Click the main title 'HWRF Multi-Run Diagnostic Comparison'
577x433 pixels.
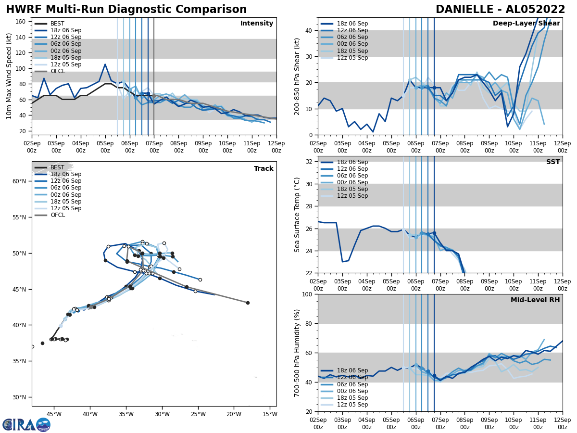coord(126,10)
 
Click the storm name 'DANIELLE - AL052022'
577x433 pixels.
coord(500,10)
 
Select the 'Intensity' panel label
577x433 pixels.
coord(257,24)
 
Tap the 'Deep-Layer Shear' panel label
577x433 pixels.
coord(526,24)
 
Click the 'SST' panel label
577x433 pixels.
coord(552,162)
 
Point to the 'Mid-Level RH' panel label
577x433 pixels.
coord(535,300)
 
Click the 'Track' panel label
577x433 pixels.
coord(263,169)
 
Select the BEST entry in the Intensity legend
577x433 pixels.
coord(57,24)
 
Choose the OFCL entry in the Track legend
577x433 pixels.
coord(57,215)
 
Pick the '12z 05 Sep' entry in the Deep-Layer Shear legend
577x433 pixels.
coord(352,58)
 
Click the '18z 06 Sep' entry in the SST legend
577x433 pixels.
coord(352,162)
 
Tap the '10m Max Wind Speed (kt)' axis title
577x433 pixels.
coord(9,76)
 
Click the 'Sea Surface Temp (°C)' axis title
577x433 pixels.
coord(298,215)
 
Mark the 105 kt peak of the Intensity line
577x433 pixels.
coord(105,64)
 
